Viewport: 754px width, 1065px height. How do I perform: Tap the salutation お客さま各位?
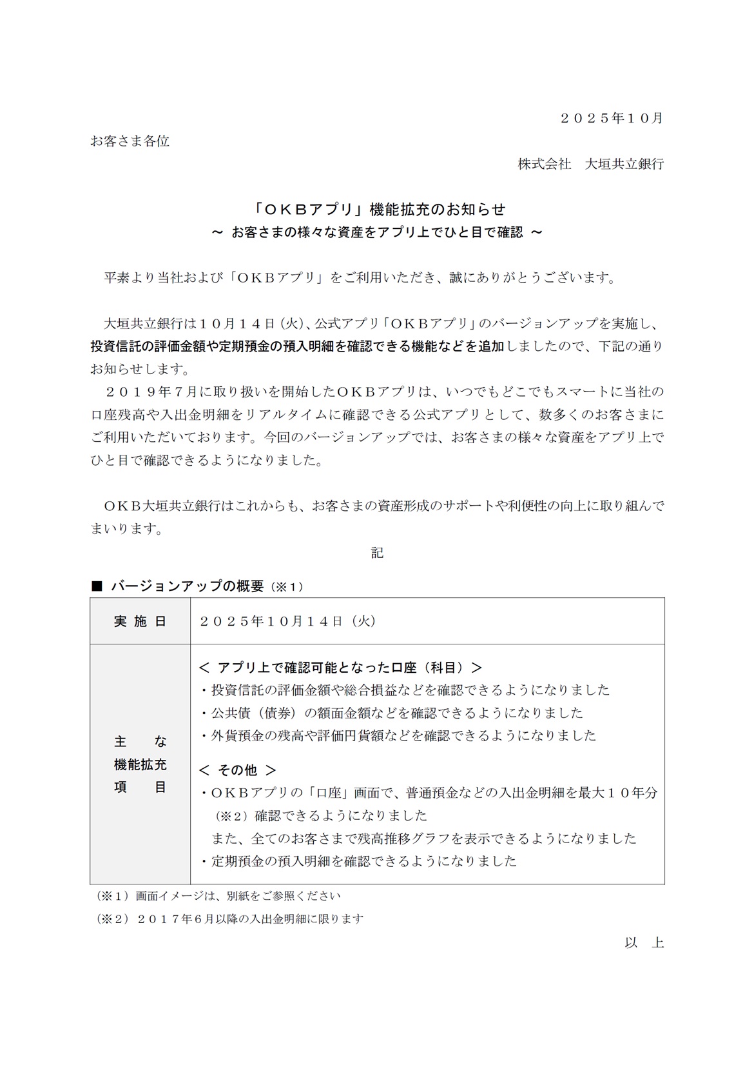click(x=130, y=141)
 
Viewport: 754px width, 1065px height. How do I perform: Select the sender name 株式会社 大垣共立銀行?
click(x=590, y=164)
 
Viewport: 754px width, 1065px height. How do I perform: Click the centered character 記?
click(x=377, y=553)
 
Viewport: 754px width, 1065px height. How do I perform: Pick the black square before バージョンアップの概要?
click(x=97, y=586)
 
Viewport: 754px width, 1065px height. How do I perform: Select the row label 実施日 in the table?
click(x=140, y=621)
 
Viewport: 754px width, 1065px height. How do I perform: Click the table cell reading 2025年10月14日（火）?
click(x=287, y=621)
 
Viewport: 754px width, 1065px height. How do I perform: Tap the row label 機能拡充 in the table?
click(x=140, y=764)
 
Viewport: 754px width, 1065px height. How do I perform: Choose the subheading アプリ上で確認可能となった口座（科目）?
click(x=341, y=667)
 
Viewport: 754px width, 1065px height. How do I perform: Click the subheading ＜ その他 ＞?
click(x=238, y=770)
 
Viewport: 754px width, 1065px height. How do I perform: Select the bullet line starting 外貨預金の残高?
click(x=398, y=735)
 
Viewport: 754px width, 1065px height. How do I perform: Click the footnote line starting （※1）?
click(x=218, y=895)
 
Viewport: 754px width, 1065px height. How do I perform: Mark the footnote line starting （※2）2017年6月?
click(x=229, y=919)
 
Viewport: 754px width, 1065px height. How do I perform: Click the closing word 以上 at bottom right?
click(x=644, y=942)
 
